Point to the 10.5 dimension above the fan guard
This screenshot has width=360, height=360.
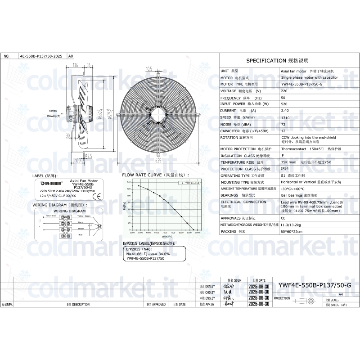149,68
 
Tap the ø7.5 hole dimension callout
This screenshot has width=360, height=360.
89,156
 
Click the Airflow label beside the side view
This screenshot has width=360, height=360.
53,110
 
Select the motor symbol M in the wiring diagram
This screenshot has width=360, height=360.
100,225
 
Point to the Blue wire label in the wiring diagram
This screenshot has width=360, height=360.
81,235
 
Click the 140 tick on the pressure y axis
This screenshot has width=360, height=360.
128,182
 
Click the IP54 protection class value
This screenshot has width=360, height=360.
285,169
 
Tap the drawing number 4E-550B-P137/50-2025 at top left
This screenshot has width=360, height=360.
41,56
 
